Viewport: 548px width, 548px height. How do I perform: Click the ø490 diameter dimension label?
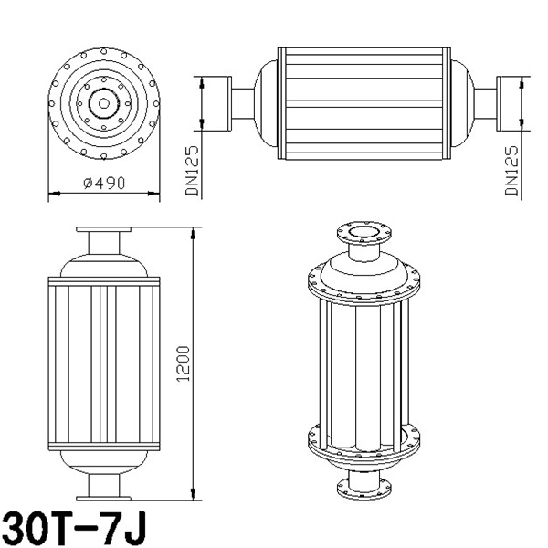[x=104, y=183]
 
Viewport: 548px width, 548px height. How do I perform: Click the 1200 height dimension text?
[x=184, y=364]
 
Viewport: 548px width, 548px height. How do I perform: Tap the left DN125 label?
[x=192, y=171]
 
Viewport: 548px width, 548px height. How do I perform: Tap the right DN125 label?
[x=511, y=171]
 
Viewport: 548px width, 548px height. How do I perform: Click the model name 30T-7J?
[x=74, y=529]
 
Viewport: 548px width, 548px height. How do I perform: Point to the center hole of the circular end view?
[x=103, y=103]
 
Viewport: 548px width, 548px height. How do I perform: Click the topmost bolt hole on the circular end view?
[x=104, y=51]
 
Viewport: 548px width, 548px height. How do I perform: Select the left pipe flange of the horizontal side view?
[x=229, y=104]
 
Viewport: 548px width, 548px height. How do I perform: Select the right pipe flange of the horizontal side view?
[x=499, y=104]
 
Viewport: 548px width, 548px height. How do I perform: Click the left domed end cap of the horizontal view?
[x=268, y=104]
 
